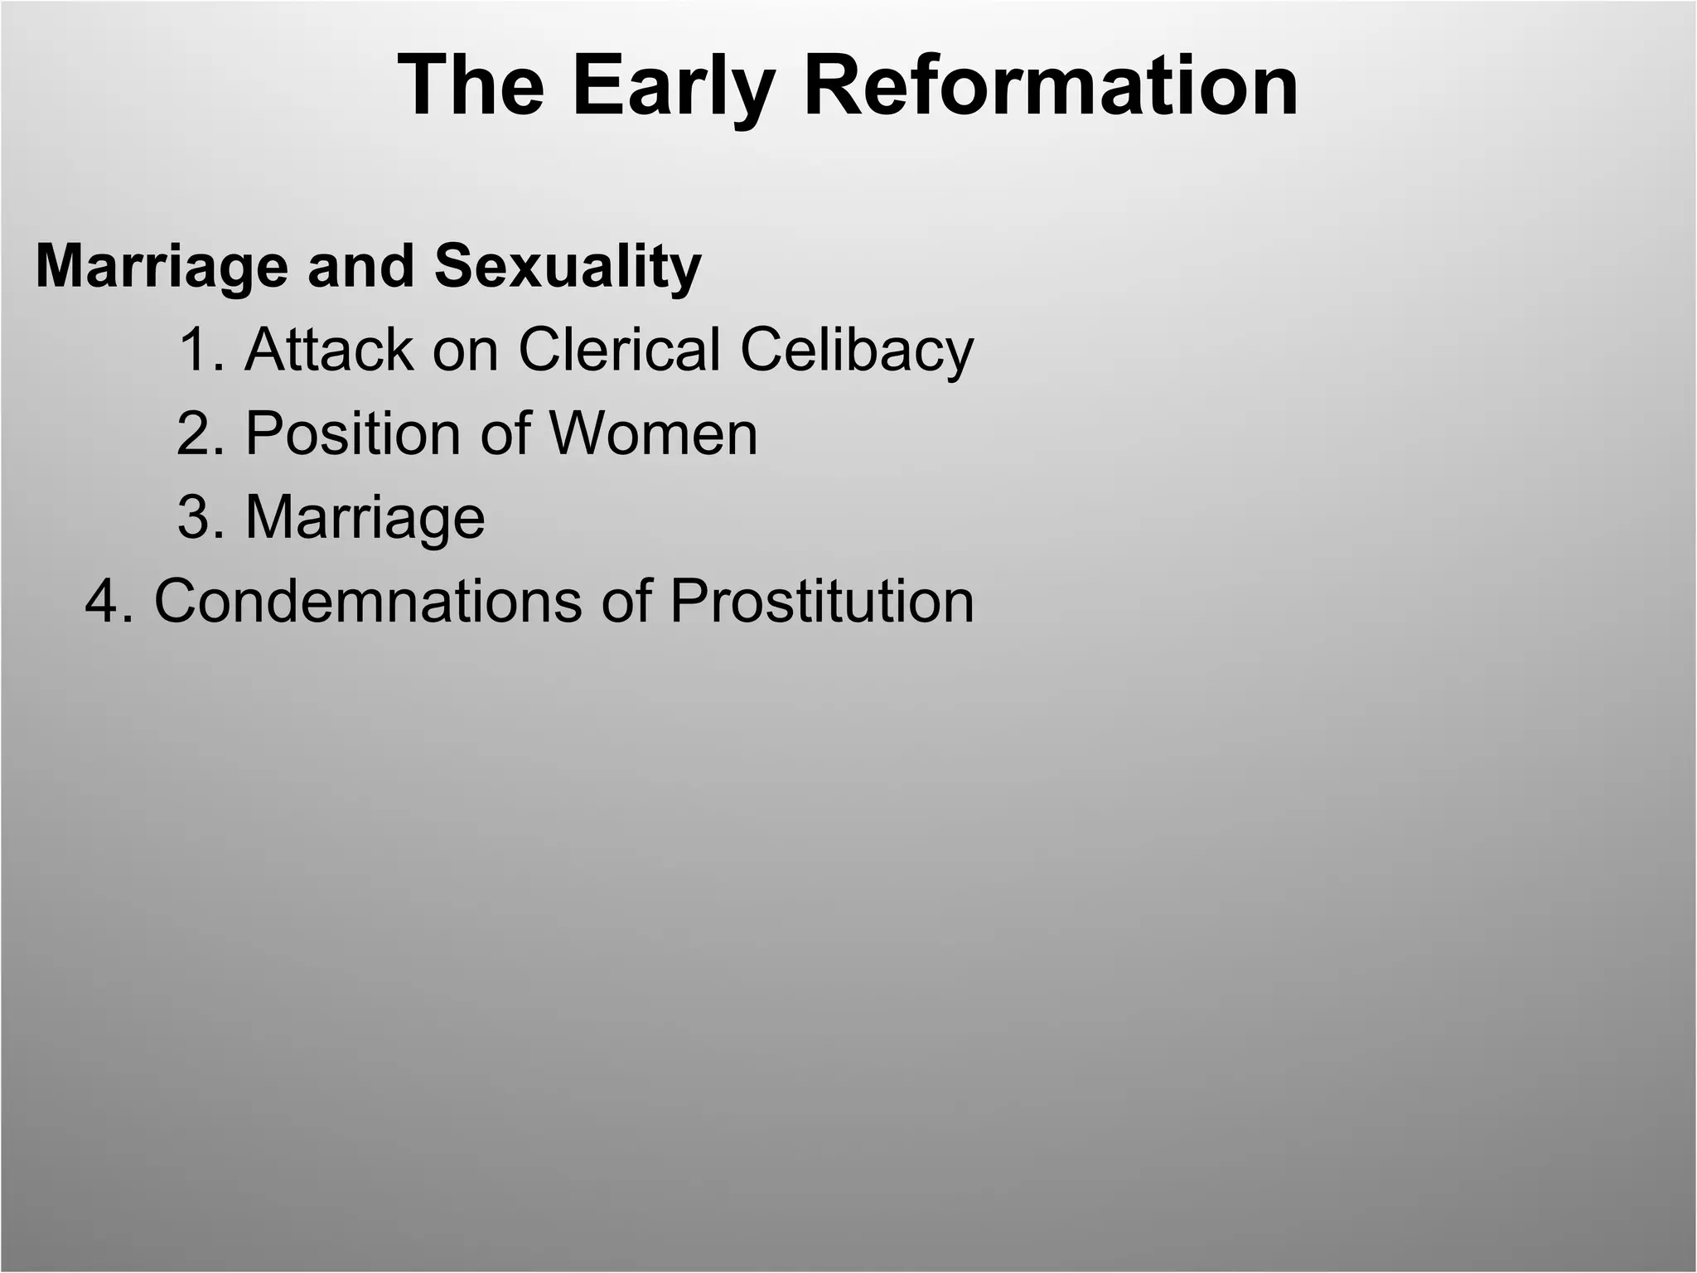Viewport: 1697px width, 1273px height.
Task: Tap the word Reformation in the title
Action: click(x=1051, y=85)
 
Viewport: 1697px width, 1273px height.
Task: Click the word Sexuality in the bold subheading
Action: click(x=568, y=267)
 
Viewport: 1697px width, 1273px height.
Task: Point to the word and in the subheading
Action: click(x=360, y=267)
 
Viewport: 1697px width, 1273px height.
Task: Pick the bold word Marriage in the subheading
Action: click(x=162, y=267)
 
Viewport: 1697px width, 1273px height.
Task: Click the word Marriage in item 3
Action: click(x=365, y=517)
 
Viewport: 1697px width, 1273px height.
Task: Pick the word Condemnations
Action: click(x=367, y=601)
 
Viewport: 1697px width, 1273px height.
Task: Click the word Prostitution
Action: click(x=821, y=601)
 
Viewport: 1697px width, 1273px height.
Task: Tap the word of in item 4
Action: click(x=624, y=601)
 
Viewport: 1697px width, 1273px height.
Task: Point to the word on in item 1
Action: click(x=465, y=350)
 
